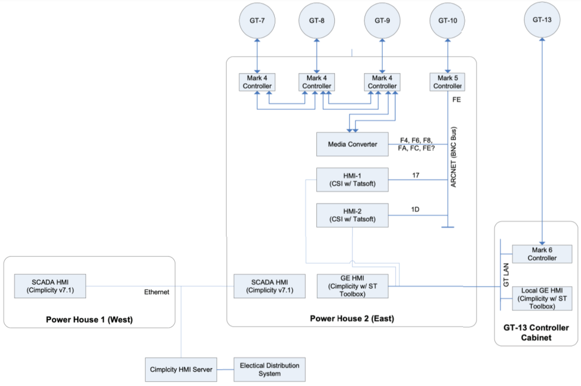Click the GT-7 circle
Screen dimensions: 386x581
point(256,21)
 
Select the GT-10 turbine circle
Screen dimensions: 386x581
point(448,21)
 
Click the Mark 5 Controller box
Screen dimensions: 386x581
point(448,81)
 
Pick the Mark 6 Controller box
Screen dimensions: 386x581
point(542,254)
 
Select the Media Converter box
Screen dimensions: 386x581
point(352,144)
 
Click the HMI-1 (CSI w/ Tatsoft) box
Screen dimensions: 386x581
point(352,179)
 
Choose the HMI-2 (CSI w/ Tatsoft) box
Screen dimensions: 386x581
point(352,215)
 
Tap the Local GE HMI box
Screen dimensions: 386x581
point(542,298)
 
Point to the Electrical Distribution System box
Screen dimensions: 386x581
point(269,369)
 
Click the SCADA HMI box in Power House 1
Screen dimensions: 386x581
point(50,286)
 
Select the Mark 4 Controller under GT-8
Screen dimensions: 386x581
point(316,81)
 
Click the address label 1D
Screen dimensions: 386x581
point(415,209)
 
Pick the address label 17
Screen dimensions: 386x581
point(416,175)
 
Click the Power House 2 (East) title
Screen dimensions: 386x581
point(352,319)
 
